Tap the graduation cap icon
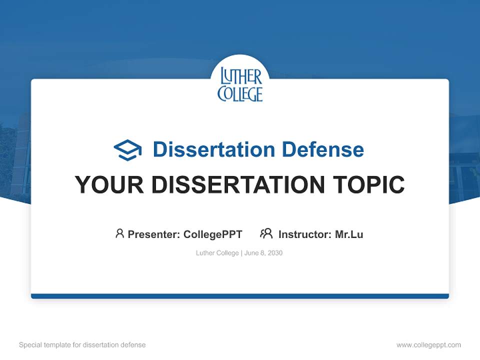tap(127, 150)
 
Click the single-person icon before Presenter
tap(119, 233)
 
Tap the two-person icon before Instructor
tap(266, 233)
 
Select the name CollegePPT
tap(213, 234)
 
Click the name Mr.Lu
tap(349, 234)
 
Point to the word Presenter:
tap(154, 234)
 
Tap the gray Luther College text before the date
tap(217, 253)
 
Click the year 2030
tap(274, 253)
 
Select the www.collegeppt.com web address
tap(428, 345)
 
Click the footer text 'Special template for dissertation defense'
tap(82, 345)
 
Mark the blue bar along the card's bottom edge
tap(240, 296)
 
